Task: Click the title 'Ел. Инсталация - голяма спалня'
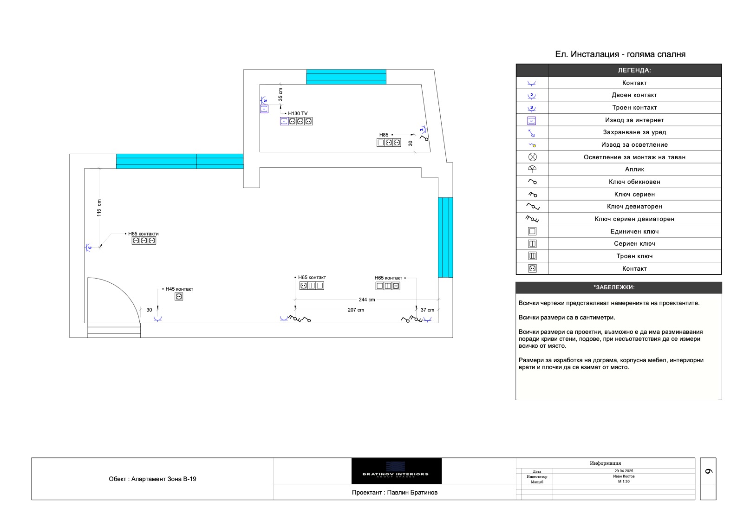tap(620, 54)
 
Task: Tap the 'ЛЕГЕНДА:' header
tap(634, 71)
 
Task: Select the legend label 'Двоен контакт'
tap(634, 95)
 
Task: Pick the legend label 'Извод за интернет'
tap(634, 120)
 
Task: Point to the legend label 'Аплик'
tap(634, 169)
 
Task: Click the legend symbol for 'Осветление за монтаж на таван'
tap(532, 157)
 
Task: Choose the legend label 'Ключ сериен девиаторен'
tap(634, 219)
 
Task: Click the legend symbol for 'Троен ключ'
tap(532, 256)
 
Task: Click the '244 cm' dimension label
tap(366, 300)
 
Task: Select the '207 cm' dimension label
tap(356, 310)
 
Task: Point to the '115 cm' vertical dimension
tap(99, 208)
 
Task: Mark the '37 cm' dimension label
tap(427, 310)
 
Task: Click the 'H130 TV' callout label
tap(298, 113)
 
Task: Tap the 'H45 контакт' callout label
tap(179, 289)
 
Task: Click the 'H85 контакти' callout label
tap(143, 234)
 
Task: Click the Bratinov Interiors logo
tap(396, 471)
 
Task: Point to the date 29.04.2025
tap(623, 471)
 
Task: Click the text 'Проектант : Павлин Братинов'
tap(394, 492)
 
